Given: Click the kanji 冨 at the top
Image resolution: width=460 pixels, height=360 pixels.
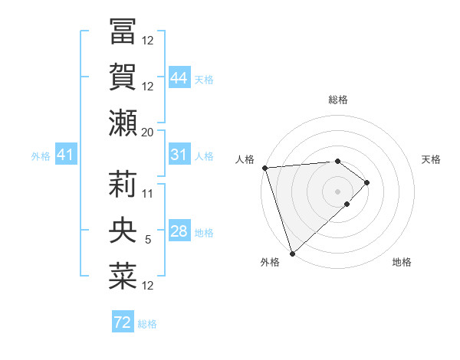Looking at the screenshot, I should (123, 32).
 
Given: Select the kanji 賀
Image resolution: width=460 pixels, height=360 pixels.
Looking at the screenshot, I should (123, 77).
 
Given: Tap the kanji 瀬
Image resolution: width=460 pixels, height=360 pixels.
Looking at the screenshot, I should (123, 123).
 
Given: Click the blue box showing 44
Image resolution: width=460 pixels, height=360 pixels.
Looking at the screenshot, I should (179, 77).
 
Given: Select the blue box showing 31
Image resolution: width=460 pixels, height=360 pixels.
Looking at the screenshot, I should (179, 155).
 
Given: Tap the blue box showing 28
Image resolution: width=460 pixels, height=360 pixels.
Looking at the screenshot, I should (179, 232).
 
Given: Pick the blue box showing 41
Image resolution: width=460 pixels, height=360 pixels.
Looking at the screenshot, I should (66, 155).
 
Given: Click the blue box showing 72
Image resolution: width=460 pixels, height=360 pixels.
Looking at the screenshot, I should (123, 322).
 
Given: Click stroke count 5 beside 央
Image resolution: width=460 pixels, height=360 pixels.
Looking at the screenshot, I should (148, 240).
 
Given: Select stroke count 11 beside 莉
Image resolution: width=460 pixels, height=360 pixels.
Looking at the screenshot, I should (148, 194).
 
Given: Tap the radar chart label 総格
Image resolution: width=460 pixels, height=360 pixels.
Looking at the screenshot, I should (338, 100).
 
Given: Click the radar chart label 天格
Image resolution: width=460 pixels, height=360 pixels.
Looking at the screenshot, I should (432, 159).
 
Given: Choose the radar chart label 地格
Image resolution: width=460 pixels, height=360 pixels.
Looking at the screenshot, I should (402, 262).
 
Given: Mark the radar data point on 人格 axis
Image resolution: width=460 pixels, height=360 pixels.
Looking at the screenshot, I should (264, 168).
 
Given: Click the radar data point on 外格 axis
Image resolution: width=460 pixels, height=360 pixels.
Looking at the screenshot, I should (292, 252).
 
